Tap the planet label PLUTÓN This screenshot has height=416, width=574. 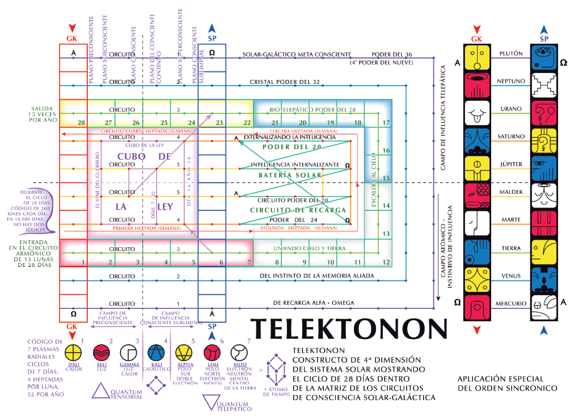click(510, 53)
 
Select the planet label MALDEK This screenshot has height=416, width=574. click(510, 192)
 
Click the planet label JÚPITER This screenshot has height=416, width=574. click(510, 164)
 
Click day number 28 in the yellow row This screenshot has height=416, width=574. click(82, 122)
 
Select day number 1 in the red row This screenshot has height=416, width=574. click(83, 262)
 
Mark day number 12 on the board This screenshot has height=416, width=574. click(386, 262)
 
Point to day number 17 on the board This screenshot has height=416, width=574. click(386, 122)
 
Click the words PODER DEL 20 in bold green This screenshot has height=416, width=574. click(292, 147)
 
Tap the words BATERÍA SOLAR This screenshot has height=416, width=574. click(290, 175)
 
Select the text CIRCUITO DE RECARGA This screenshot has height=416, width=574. click(298, 210)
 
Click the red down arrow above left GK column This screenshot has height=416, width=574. click(71, 28)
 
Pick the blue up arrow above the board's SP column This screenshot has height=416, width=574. click(212, 28)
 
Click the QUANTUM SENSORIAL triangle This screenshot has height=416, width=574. click(99, 390)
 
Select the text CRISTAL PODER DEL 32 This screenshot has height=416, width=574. click(285, 82)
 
